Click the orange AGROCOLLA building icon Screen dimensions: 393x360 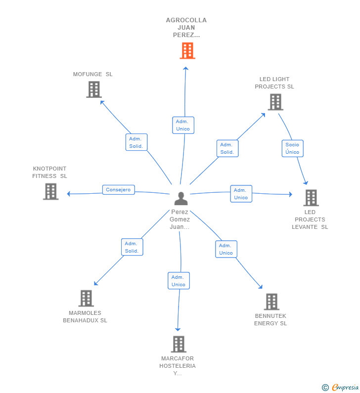tap(187, 50)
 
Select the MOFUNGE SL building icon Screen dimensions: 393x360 tap(93, 89)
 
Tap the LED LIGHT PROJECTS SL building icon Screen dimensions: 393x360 tap(275, 102)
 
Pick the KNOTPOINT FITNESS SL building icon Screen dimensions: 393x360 tap(50, 191)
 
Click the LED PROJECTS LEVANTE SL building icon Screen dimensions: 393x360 tap(311, 198)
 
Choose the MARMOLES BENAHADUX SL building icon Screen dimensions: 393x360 tap(86, 298)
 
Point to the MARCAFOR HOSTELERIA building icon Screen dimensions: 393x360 tap(179, 344)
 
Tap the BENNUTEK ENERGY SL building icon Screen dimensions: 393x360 tap(271, 302)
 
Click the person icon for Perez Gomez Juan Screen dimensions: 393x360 tap(181, 199)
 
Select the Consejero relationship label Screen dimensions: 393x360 tap(118, 190)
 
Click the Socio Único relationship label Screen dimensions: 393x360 tap(292, 148)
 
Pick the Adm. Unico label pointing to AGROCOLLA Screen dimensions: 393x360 tap(183, 125)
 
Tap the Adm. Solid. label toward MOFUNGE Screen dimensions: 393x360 tap(136, 142)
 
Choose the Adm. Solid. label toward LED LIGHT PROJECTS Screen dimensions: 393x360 tap(227, 148)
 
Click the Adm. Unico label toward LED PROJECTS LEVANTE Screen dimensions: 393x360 tap(241, 194)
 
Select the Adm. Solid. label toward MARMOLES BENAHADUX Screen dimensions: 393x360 tap(132, 247)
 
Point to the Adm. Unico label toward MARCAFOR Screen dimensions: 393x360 tap(179, 281)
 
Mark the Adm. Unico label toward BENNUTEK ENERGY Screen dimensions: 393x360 tap(226, 249)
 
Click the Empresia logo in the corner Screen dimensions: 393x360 tap(340, 388)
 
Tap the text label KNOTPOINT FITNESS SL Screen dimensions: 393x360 tap(49, 172)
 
